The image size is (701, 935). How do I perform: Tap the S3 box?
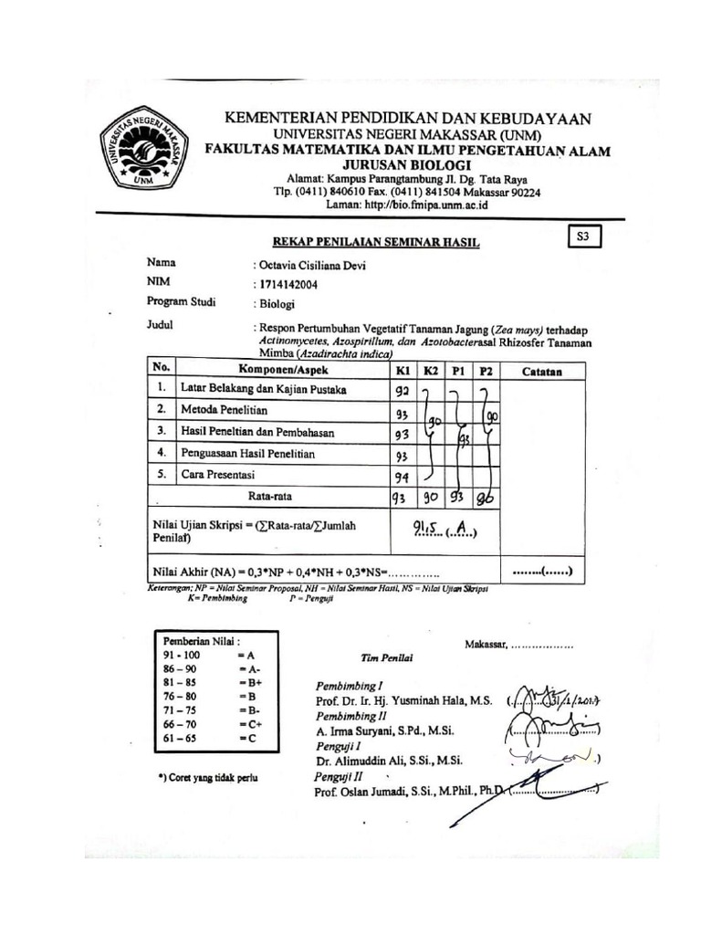[584, 237]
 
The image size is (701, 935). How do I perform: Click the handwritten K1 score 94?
[401, 476]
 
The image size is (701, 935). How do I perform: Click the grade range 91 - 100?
[180, 656]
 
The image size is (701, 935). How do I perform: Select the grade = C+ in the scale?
[249, 722]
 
